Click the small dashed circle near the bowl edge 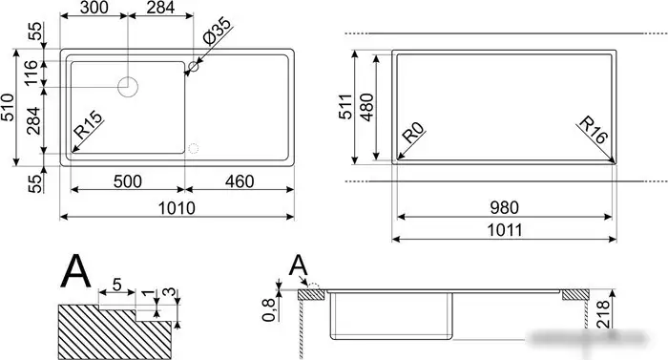194,149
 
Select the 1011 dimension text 503,230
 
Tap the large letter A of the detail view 75,271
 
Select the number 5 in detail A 115,285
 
